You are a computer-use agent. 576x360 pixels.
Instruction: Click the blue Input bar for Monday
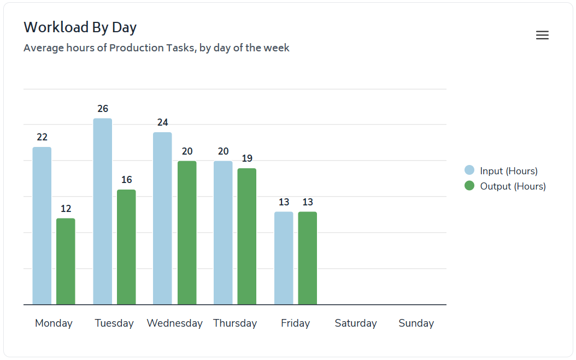tap(42, 226)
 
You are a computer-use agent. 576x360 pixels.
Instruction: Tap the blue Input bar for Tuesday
tap(102, 211)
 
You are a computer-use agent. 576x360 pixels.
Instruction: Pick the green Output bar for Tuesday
tap(126, 247)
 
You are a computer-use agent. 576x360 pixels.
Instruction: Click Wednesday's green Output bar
tap(187, 233)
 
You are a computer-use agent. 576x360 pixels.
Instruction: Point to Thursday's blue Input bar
tap(223, 233)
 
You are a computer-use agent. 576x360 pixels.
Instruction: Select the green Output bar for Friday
tap(307, 258)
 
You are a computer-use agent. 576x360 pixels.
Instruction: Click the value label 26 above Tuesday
tap(103, 109)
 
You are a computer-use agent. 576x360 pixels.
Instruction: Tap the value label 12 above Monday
tap(66, 209)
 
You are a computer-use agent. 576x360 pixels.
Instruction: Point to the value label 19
tap(247, 158)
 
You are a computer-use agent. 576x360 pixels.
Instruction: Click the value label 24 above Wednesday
tap(162, 122)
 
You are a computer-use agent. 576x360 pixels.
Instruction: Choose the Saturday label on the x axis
tap(356, 323)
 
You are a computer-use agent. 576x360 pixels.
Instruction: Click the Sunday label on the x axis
tap(416, 323)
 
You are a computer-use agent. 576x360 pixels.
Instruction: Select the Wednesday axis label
tap(174, 323)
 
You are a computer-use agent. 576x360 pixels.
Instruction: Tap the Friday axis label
tap(295, 323)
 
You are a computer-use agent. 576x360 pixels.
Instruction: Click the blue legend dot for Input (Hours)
tap(469, 170)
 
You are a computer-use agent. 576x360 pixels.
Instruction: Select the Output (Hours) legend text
tap(513, 186)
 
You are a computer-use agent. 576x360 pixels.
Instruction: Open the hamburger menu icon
tap(542, 36)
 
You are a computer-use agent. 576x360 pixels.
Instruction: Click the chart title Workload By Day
tap(80, 27)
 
